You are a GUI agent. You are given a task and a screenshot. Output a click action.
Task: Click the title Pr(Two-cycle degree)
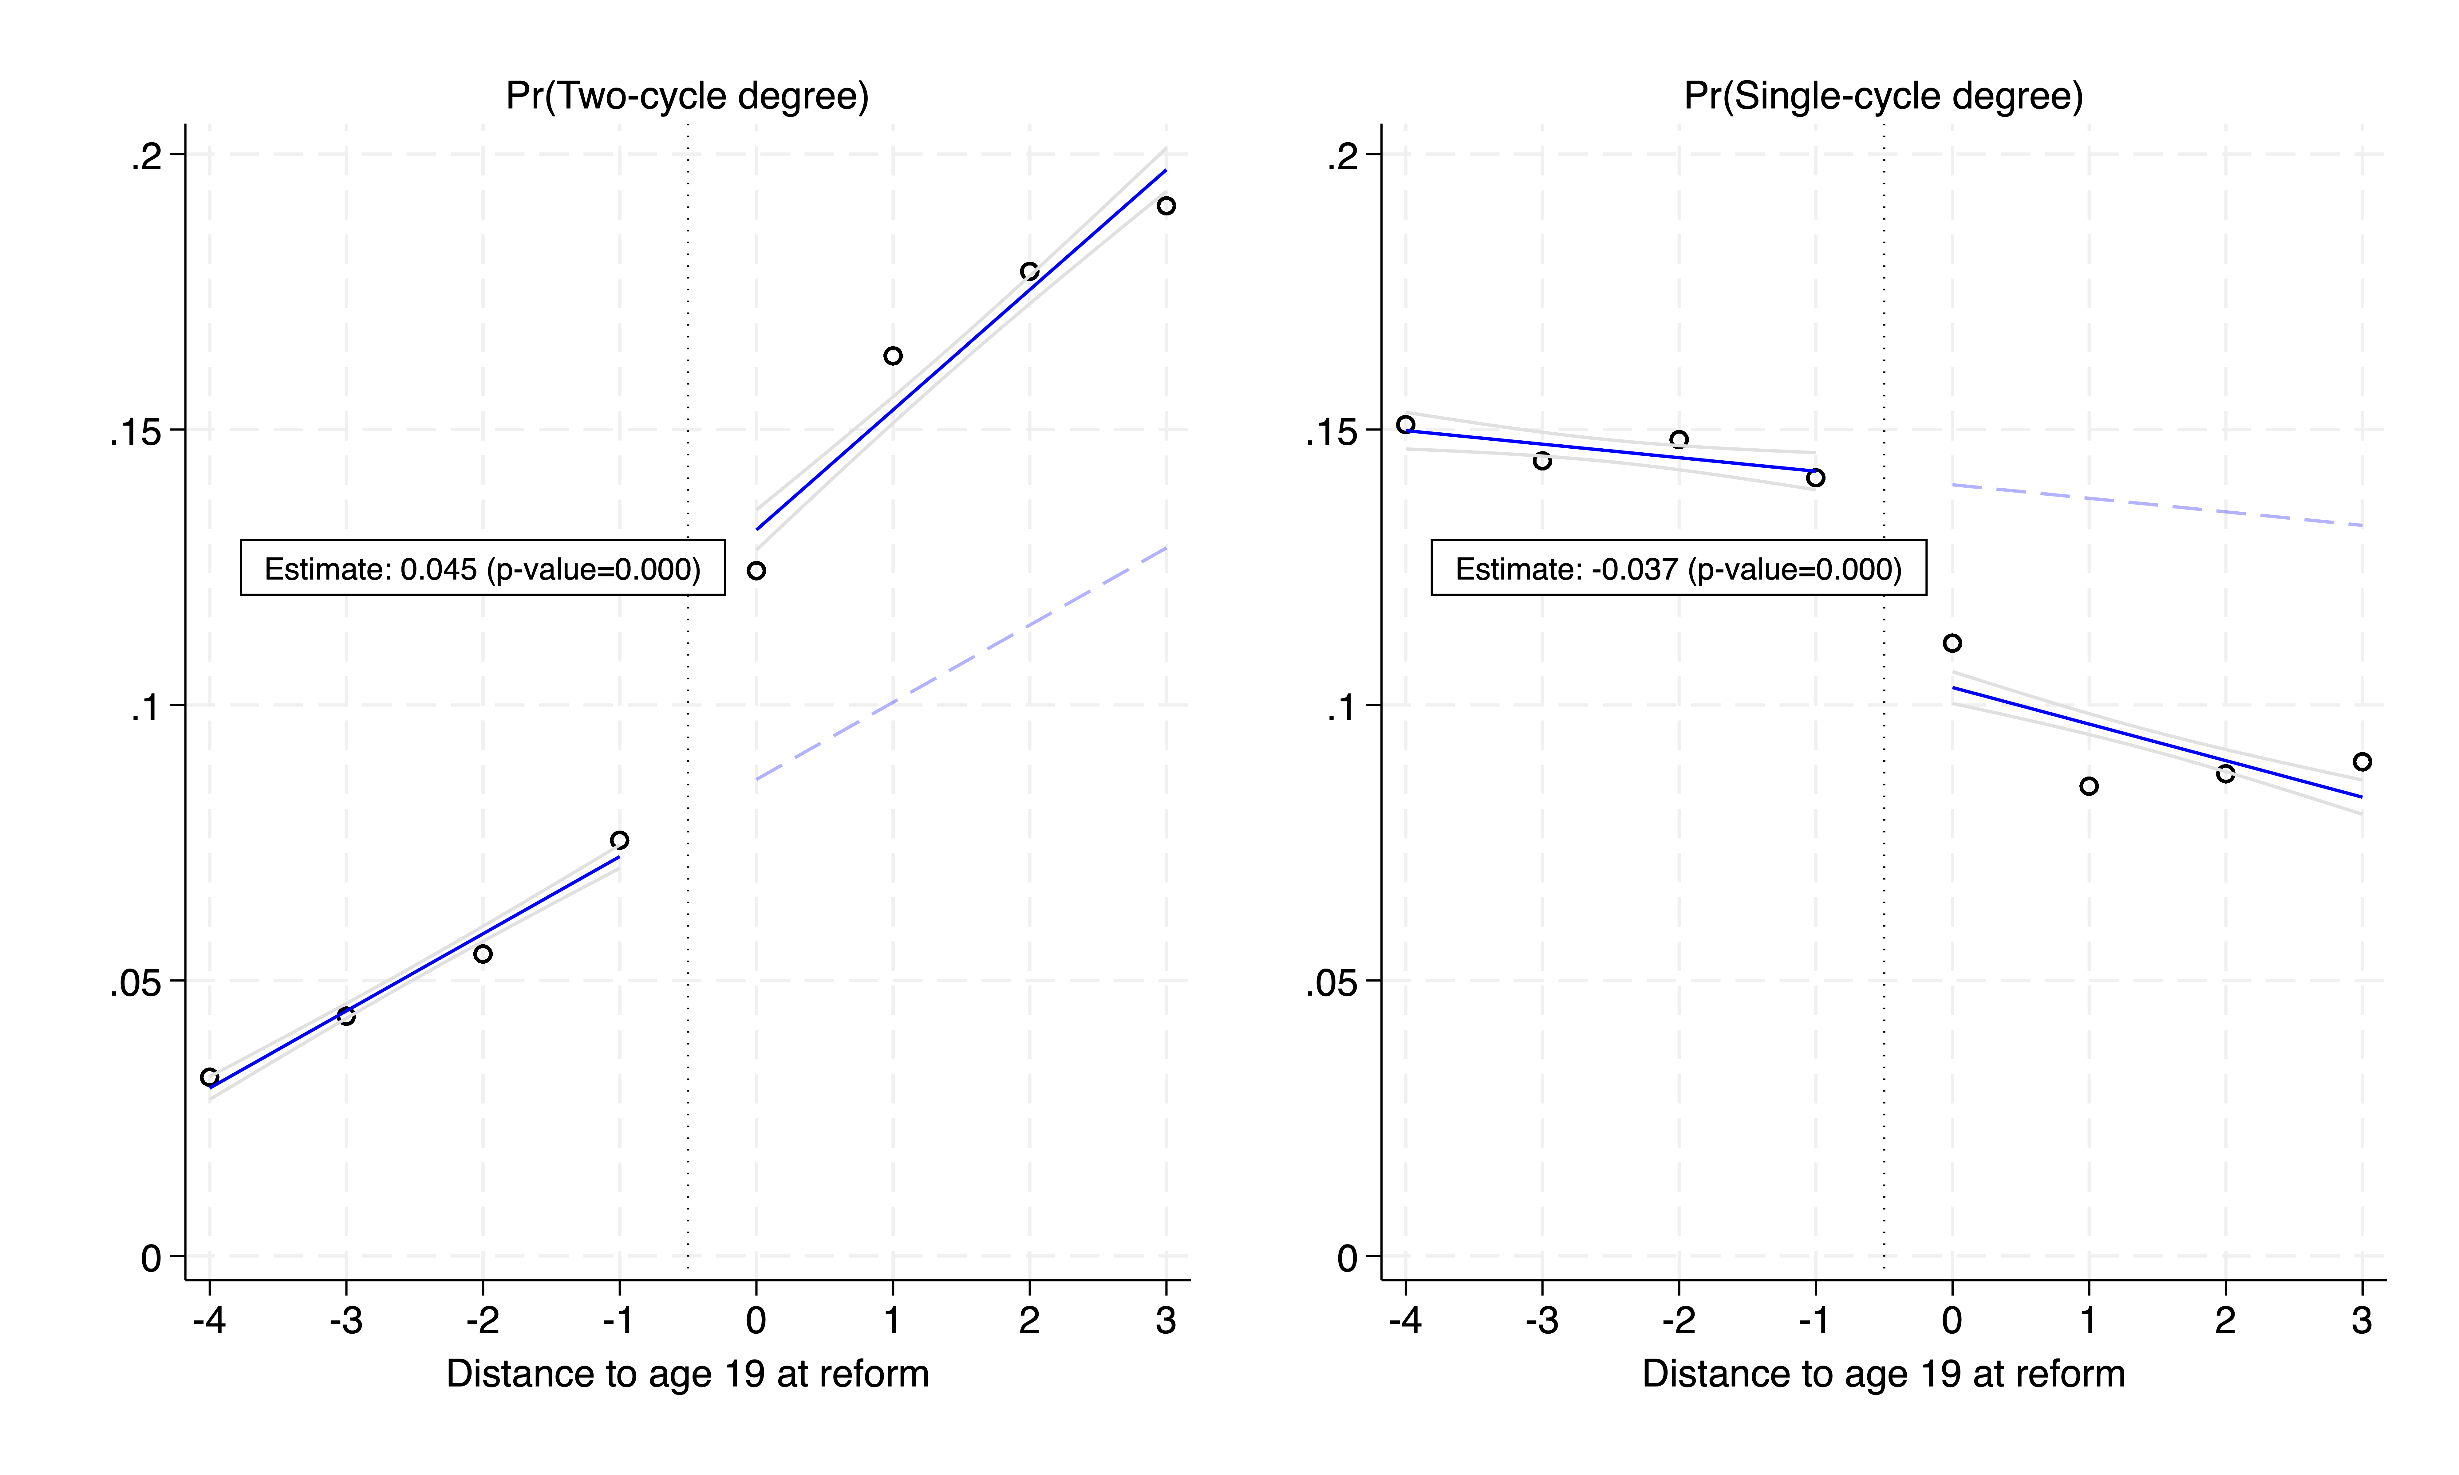pos(687,96)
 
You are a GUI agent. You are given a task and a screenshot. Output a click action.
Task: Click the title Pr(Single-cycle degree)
pos(1882,96)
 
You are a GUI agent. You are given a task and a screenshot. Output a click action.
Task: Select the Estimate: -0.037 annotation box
pos(1678,568)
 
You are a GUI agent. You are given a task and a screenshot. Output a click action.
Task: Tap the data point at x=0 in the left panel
pos(756,571)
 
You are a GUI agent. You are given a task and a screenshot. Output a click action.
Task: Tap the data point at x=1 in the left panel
pos(893,356)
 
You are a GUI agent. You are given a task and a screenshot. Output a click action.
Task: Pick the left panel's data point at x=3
pos(1166,206)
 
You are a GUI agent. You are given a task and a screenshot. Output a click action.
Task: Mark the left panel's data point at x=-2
pos(483,954)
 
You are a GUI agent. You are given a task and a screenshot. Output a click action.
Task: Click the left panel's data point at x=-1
pos(619,841)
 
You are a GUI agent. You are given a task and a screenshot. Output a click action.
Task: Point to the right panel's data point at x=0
pos(1952,643)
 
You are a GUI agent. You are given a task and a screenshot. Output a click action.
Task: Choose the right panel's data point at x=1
pos(2088,786)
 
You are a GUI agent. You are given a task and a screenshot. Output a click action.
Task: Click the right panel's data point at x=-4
pos(1405,424)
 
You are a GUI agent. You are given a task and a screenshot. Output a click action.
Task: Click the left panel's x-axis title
pos(687,1374)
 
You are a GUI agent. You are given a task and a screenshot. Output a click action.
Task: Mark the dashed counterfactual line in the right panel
pos(2157,505)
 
